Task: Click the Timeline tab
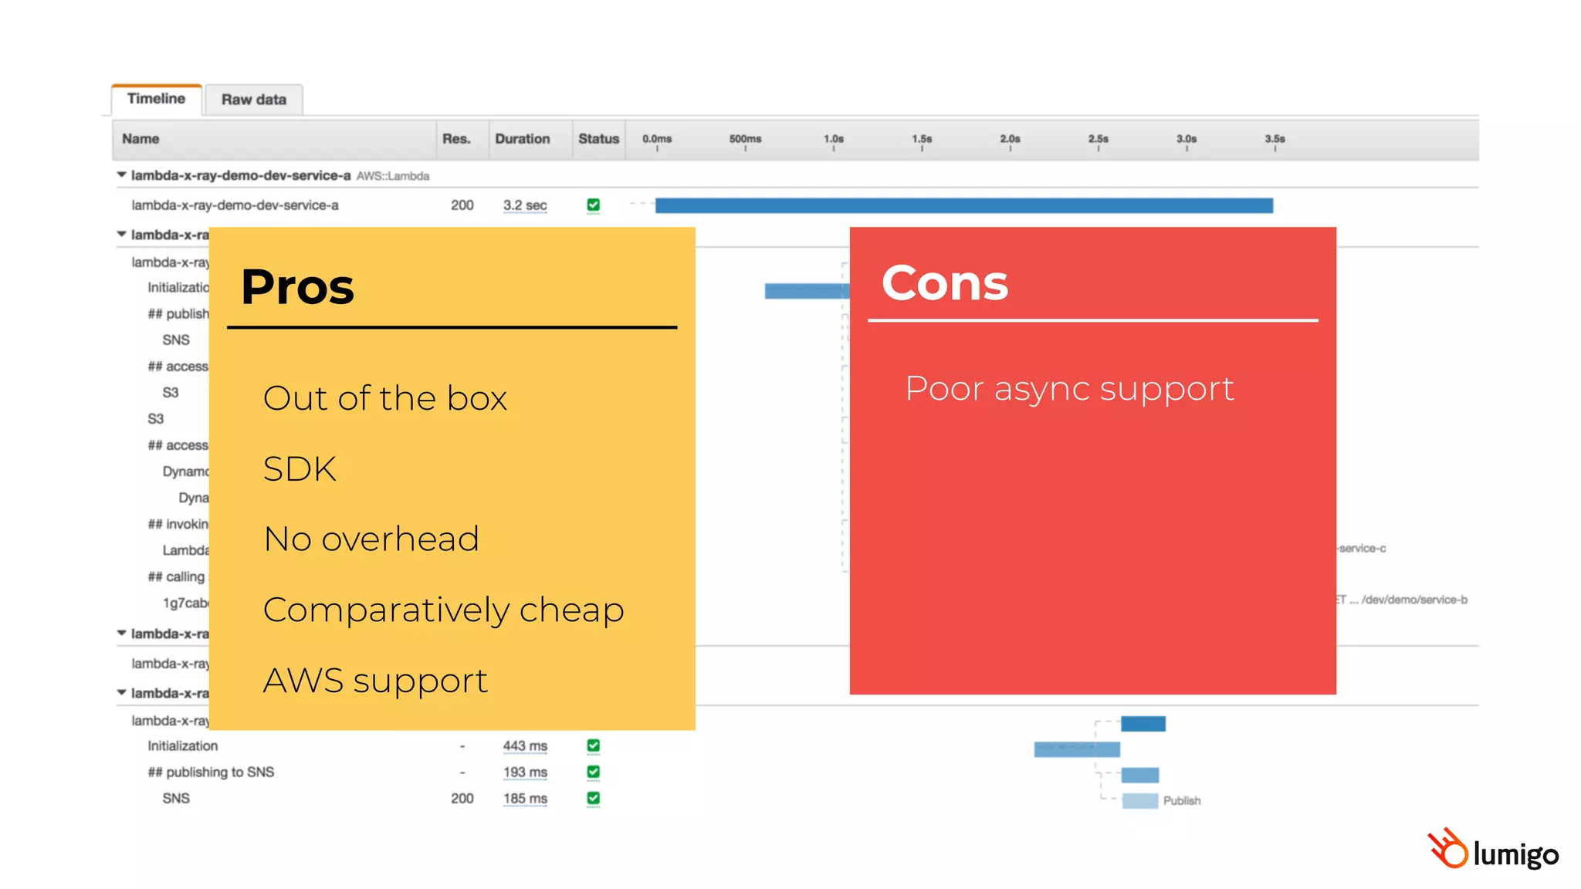156,99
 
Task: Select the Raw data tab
253,100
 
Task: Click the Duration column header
523,139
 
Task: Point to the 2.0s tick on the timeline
1010,140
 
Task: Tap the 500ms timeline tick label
745,139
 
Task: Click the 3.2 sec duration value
525,205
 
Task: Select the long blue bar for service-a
963,205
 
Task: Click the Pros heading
297,286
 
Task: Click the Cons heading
944,282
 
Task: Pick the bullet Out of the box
384,398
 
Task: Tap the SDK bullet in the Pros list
300,468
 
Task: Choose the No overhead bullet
371,539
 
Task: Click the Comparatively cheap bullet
443,610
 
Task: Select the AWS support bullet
375,681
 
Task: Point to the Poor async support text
1069,388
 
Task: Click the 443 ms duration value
525,746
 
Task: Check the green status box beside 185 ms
593,798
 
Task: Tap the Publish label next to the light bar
1181,801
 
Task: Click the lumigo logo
1493,850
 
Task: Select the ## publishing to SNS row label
211,772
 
